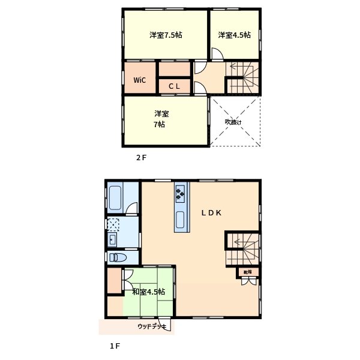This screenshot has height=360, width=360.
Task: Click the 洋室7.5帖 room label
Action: point(166,35)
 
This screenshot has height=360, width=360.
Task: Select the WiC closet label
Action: point(139,80)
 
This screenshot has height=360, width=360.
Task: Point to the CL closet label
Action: point(174,86)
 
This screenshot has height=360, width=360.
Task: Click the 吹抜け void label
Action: point(233,122)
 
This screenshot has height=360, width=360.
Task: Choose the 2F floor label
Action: point(141,158)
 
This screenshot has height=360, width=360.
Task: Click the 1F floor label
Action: point(115,346)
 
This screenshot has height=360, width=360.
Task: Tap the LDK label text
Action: point(213,212)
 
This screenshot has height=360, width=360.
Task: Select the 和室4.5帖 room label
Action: point(148,292)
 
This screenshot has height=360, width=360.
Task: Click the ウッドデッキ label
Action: point(152,326)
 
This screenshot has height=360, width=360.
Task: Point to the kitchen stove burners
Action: point(181,193)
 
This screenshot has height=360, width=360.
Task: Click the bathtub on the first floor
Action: point(116,197)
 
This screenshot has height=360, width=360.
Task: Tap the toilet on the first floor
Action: point(118,257)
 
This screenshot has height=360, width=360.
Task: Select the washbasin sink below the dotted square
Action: point(112,241)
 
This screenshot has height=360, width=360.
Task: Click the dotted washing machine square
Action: point(112,224)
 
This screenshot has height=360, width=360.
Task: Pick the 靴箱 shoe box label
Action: point(247,272)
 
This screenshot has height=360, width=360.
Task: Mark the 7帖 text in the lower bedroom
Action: point(159,125)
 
